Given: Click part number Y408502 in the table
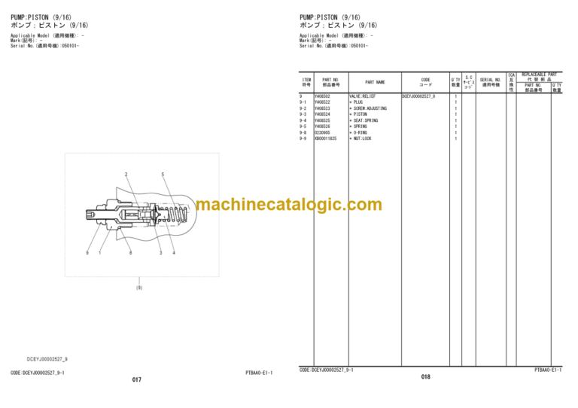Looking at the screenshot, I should click(321, 96).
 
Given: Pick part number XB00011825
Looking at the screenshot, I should click(325, 139).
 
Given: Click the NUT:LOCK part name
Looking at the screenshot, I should click(361, 139).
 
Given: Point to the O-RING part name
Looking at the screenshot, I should click(359, 132).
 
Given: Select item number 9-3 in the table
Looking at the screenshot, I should click(303, 114).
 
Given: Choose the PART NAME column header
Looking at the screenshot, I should click(375, 82).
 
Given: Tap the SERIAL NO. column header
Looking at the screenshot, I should click(491, 82).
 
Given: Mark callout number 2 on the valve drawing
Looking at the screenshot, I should click(126, 175).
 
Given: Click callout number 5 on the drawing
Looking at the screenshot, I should click(163, 175).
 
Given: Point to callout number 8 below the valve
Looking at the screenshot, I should click(130, 253).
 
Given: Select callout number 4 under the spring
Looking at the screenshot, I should click(173, 253).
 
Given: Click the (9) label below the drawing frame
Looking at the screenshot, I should click(138, 288).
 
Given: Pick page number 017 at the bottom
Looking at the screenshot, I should click(136, 379).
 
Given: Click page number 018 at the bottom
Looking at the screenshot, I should click(425, 376).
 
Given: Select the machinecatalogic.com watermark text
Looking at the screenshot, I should click(289, 204).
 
